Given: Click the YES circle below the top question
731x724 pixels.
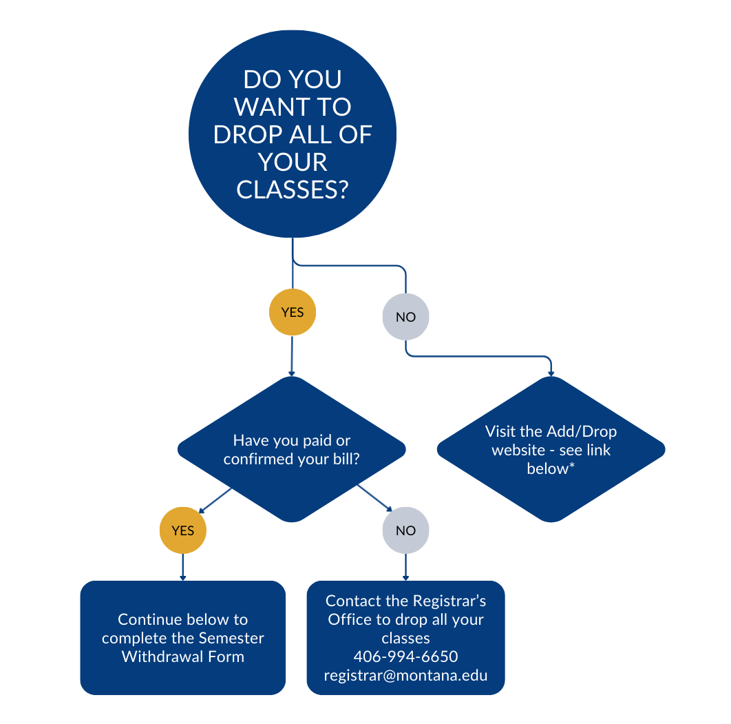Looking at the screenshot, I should pos(292,312).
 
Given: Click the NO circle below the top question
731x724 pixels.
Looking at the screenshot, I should pos(405,317).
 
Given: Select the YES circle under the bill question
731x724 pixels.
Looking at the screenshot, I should pos(182,530).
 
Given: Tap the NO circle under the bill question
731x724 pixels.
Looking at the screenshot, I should pos(405,530).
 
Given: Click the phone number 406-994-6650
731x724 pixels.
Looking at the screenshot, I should pos(405,656).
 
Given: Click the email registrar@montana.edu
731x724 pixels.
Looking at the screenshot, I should pos(405,674).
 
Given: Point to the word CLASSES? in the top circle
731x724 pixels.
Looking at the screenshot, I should pos(292,189).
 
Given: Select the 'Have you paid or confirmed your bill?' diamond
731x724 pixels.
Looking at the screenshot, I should pos(292,449).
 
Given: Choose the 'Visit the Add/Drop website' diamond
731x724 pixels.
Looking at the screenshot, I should pos(551,449).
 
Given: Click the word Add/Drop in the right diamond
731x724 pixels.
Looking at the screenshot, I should pos(582,431).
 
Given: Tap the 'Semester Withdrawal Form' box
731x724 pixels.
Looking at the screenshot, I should pos(182,637).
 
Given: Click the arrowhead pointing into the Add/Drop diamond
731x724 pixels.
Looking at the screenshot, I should pos(551,373).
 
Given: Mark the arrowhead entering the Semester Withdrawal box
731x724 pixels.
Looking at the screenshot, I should pos(182,578).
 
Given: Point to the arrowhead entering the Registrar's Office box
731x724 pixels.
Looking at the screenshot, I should pos(405,578).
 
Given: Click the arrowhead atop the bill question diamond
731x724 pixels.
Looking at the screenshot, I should pos(292,373).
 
